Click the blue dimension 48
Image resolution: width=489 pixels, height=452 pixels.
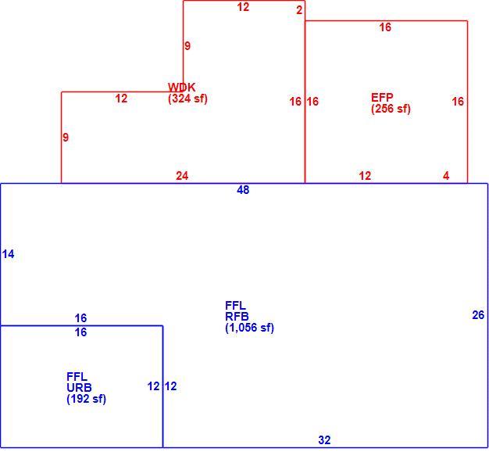click(x=243, y=190)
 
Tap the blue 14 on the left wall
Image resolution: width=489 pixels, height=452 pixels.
click(x=8, y=254)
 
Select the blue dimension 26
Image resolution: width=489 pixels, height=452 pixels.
click(x=478, y=315)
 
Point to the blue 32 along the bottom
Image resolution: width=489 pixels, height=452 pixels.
click(x=324, y=439)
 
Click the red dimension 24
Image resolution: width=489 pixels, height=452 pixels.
click(x=182, y=176)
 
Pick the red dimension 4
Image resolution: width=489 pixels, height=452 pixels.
click(x=446, y=176)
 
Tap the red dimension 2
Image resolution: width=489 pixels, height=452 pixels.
click(x=299, y=10)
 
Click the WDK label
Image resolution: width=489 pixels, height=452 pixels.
click(x=182, y=87)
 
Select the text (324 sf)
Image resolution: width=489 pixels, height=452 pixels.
click(x=187, y=99)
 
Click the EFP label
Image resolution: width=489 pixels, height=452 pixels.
click(x=382, y=98)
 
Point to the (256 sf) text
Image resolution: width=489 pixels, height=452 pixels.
click(x=391, y=109)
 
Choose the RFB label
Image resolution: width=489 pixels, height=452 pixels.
click(x=237, y=317)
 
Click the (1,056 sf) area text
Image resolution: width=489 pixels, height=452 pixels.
click(x=249, y=328)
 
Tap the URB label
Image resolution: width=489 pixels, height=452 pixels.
click(x=79, y=388)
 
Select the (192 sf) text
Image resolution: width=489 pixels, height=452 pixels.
click(x=87, y=399)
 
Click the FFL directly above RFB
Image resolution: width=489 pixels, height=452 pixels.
click(x=235, y=305)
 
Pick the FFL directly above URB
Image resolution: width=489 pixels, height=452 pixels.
click(x=77, y=376)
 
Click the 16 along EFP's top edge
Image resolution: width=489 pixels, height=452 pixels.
click(x=385, y=27)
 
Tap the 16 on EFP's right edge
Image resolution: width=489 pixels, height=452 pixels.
click(x=458, y=101)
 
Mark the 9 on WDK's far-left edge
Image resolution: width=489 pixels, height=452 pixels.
click(x=66, y=138)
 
